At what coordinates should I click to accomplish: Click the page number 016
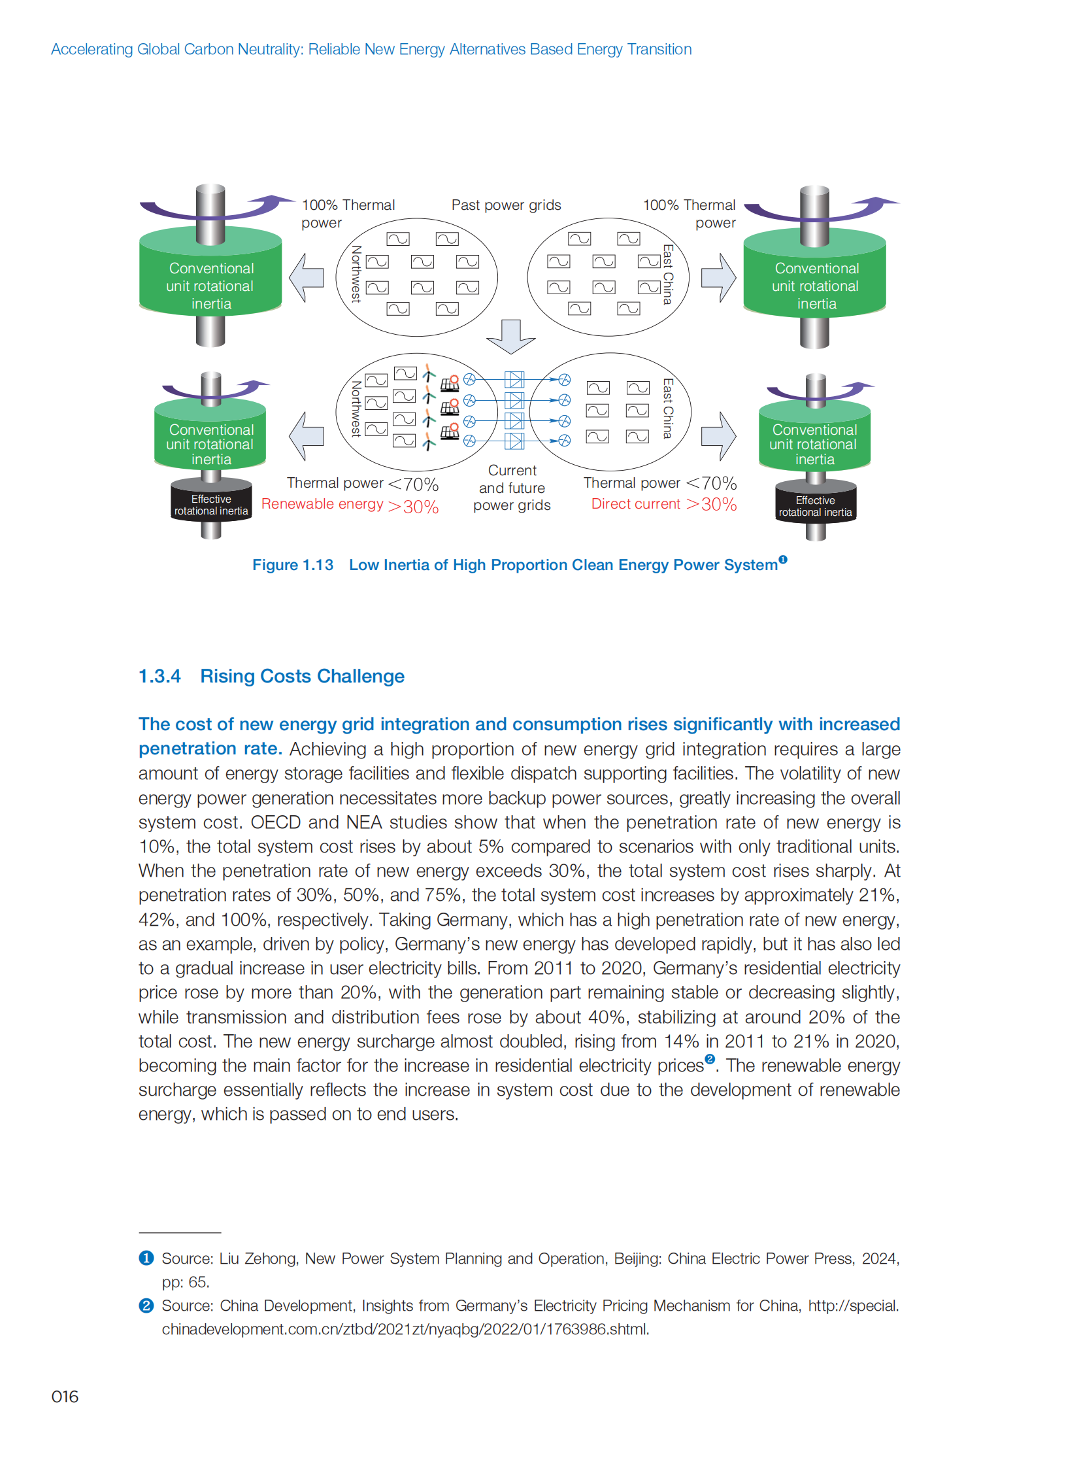(65, 1396)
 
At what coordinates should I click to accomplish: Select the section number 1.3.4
(159, 676)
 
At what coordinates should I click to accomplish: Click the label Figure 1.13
(293, 565)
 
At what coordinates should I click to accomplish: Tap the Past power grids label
(506, 205)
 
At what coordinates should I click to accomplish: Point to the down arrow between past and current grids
(511, 336)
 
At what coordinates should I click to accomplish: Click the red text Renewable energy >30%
(350, 505)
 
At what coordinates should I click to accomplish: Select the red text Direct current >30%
(663, 504)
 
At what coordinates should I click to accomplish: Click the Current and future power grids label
(512, 488)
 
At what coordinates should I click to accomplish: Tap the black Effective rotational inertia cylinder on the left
(210, 505)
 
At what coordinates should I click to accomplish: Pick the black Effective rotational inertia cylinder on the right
(816, 506)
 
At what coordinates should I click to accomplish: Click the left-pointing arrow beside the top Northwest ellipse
(307, 278)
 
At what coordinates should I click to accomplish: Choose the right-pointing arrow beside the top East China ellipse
(718, 278)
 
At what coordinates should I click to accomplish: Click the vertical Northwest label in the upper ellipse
(357, 274)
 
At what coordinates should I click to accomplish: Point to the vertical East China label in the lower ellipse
(667, 409)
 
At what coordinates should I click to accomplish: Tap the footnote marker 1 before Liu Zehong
(146, 1258)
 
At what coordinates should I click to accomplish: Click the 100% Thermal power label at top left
(348, 213)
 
